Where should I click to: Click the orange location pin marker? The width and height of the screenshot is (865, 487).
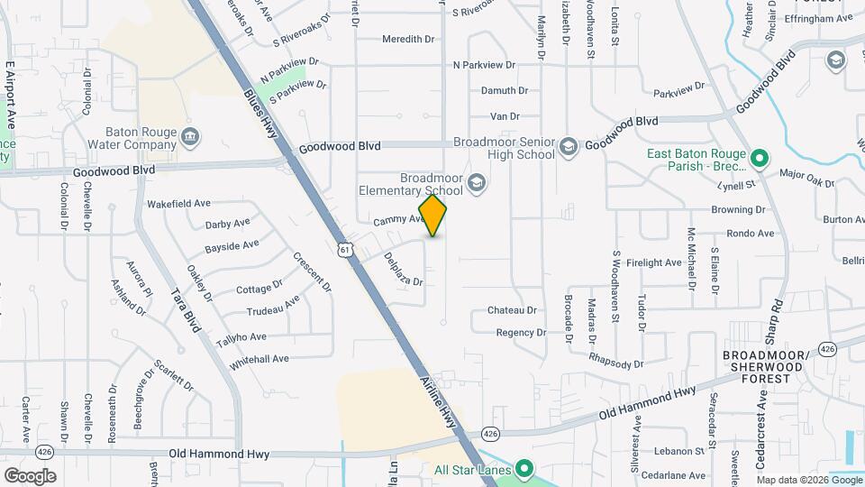coord(432,216)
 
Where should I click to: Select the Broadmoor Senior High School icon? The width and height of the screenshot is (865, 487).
coord(568,146)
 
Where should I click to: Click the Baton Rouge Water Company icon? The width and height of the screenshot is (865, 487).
coord(190,137)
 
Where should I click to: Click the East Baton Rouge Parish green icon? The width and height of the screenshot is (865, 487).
coord(759,160)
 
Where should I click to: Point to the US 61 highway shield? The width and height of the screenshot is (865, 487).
coord(345,249)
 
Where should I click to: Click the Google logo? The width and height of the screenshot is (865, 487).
coord(29,475)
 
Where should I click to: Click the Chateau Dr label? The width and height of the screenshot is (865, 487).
coord(512,310)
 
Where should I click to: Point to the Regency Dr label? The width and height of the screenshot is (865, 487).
coord(521,333)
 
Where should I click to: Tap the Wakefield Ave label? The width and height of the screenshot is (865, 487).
coord(178,204)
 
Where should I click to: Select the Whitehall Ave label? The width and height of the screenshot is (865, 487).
coord(259,359)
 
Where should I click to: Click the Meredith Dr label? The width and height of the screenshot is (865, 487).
coord(408,40)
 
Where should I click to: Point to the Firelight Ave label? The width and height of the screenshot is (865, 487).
coord(655,262)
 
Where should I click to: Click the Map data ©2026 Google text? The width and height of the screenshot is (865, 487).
coord(809,478)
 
